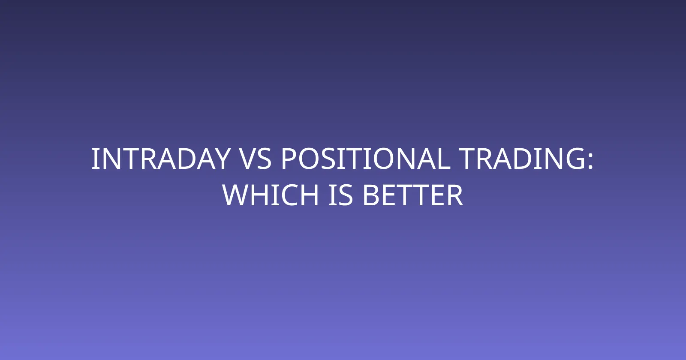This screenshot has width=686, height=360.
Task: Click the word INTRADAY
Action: point(161,159)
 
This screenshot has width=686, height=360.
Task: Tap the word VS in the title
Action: point(256,159)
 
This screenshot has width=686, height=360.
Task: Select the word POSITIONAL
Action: point(366,159)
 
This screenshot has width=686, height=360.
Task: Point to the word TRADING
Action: point(522,159)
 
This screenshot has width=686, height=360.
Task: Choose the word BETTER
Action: point(412,195)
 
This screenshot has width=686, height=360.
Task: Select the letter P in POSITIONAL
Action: point(289,159)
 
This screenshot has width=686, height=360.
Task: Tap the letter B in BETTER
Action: point(370,195)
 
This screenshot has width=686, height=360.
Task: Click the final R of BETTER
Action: point(455,195)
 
